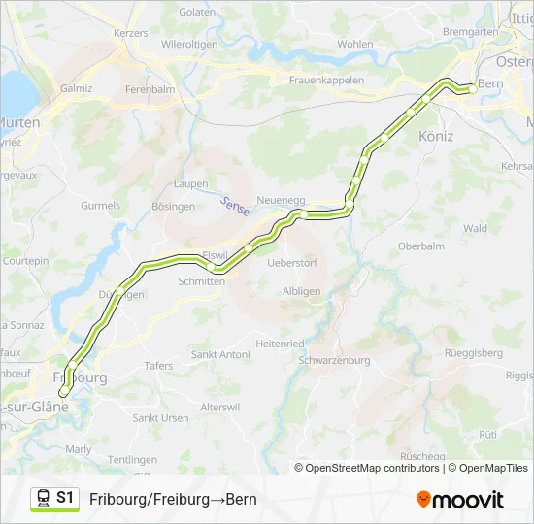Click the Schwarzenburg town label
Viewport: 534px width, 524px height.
pos(335,360)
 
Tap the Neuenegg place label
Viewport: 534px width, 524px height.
pos(281,200)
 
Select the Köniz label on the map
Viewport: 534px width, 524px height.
pos(436,137)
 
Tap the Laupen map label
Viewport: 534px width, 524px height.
pos(190,183)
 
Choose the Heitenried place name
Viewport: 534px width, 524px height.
pos(280,344)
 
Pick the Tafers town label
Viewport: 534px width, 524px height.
pos(158,366)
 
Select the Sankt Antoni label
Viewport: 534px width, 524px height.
pos(220,355)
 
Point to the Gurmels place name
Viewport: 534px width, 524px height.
pos(101,206)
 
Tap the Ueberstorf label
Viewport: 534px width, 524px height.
pos(291,263)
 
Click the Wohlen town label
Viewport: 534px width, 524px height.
pos(355,44)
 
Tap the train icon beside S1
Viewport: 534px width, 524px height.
pos(44,499)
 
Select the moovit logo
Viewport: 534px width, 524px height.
pos(459,500)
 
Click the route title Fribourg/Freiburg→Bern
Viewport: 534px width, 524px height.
pos(173,500)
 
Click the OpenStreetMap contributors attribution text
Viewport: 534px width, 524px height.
pos(372,468)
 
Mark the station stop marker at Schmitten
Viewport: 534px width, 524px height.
pos(211,266)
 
